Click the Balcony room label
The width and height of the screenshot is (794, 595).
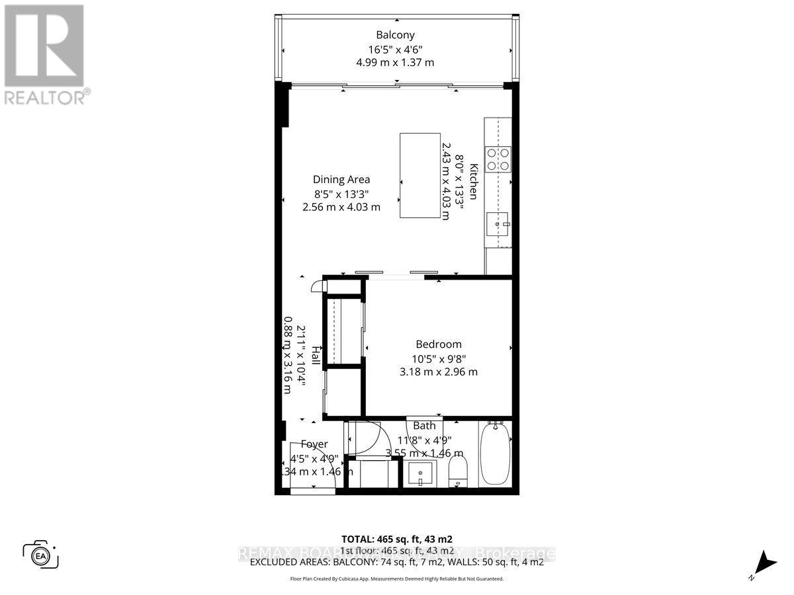[x=396, y=35]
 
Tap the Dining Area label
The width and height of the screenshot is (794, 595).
[x=341, y=179]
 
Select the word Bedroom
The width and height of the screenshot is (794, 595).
[x=438, y=344]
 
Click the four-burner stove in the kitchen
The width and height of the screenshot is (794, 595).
[x=498, y=158]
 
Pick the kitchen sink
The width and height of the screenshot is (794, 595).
[x=498, y=225]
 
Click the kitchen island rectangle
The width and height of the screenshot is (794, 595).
[x=420, y=175]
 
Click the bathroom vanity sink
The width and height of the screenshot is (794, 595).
[x=419, y=473]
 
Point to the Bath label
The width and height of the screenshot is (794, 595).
[x=424, y=426]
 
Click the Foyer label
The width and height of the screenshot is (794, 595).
[x=314, y=444]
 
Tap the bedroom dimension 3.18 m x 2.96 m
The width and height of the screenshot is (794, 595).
[x=438, y=372]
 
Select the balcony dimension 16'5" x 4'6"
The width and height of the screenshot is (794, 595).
[x=396, y=49]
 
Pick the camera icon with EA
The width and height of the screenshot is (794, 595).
[x=41, y=554]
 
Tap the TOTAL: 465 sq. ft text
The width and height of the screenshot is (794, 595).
[x=396, y=539]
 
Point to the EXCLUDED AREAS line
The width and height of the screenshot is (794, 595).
[x=396, y=562]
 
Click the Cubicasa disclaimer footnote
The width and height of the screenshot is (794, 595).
[x=396, y=578]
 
